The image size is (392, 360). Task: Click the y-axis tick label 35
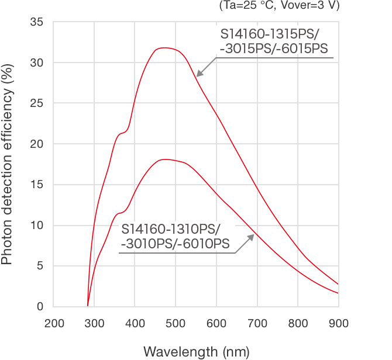click(36, 22)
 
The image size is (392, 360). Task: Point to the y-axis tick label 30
click(36, 63)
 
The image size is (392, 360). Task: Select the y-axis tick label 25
click(36, 103)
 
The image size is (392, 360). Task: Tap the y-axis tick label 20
click(36, 144)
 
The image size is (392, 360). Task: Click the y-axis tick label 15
click(36, 185)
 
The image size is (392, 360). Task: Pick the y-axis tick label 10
click(36, 226)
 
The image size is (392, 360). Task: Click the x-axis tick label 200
click(54, 323)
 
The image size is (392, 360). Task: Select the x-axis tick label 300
click(94, 323)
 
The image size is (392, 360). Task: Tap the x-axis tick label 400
click(135, 323)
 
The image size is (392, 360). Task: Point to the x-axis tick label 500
click(176, 323)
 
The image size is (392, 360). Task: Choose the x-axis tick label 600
click(216, 323)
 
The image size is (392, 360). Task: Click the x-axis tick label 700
click(257, 323)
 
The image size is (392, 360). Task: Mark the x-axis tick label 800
click(298, 323)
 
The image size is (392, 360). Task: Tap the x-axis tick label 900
click(338, 323)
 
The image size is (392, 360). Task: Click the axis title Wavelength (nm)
click(196, 351)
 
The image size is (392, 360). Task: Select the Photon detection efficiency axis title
click(8, 164)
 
